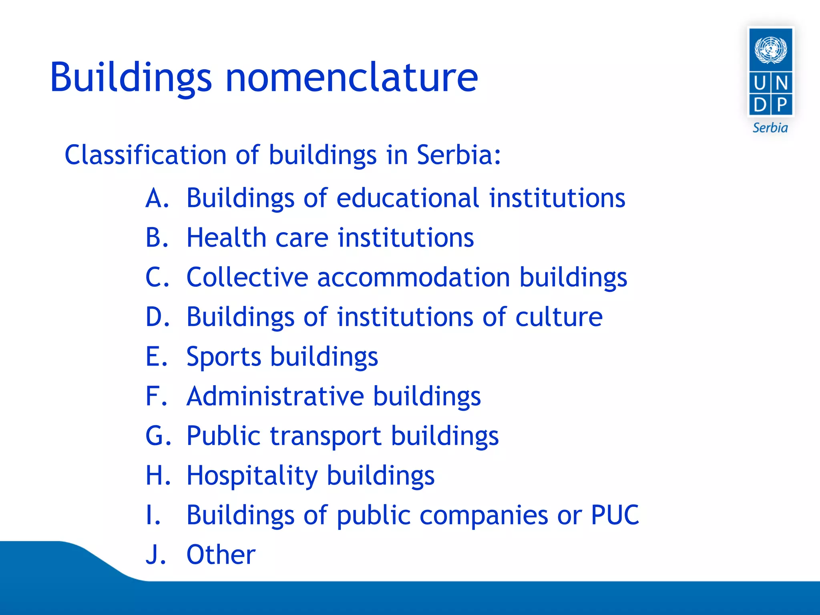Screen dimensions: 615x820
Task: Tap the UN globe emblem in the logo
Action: coord(770,50)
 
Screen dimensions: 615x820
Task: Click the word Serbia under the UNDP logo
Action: coord(770,128)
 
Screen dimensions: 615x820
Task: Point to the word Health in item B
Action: coord(226,238)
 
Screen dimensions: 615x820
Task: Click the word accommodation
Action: coord(413,277)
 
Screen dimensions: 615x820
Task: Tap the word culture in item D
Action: coord(559,317)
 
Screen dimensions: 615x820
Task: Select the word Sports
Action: coord(223,357)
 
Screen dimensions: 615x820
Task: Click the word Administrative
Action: coord(275,396)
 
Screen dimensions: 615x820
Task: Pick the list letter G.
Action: coord(155,436)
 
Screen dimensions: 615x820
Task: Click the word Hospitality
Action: coord(252,476)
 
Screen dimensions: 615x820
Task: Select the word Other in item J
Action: coord(221,555)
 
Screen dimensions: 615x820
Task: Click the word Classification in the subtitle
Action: coord(145,155)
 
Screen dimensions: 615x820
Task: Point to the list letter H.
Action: coord(155,475)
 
